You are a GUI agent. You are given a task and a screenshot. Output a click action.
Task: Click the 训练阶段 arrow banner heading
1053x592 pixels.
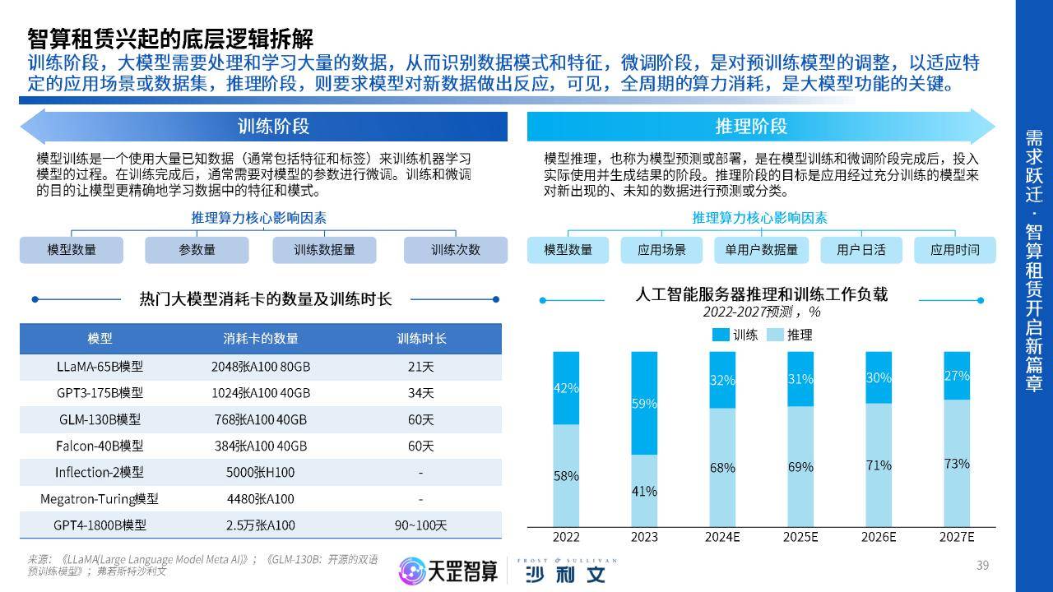[273, 127]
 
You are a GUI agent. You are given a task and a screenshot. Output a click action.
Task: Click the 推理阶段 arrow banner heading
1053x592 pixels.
[751, 127]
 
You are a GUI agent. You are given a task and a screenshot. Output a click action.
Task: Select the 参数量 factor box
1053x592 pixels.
[197, 250]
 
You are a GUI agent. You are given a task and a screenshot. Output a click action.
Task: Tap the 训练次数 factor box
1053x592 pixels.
[455, 250]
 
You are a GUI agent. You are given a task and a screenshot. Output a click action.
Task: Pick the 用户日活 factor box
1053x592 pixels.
[861, 250]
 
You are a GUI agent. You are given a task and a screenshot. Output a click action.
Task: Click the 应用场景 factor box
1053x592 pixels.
[661, 250]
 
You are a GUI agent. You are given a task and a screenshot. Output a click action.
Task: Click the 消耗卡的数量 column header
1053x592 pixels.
[261, 339]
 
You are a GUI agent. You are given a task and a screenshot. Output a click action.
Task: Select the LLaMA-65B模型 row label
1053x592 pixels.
[100, 367]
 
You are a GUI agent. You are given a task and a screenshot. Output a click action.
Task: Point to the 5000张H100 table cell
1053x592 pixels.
[260, 472]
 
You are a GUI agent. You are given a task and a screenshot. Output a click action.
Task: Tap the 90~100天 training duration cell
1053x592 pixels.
[420, 525]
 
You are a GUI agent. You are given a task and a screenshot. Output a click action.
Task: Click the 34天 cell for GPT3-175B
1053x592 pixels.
[420, 393]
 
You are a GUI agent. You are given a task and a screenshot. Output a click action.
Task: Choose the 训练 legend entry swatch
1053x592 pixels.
[721, 335]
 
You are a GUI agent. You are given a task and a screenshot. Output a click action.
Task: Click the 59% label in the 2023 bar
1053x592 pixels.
[644, 404]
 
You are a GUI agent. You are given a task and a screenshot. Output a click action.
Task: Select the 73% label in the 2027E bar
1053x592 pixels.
[957, 464]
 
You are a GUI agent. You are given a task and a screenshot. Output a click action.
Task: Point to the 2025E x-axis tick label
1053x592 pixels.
[800, 537]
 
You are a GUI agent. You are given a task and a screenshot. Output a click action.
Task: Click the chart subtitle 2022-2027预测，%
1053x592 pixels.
[761, 312]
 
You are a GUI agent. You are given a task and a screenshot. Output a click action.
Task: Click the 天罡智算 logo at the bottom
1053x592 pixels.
[448, 571]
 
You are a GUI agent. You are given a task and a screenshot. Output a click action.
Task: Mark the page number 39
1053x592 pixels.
[982, 565]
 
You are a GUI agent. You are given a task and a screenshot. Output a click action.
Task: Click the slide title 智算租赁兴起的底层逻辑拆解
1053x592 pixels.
[170, 39]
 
